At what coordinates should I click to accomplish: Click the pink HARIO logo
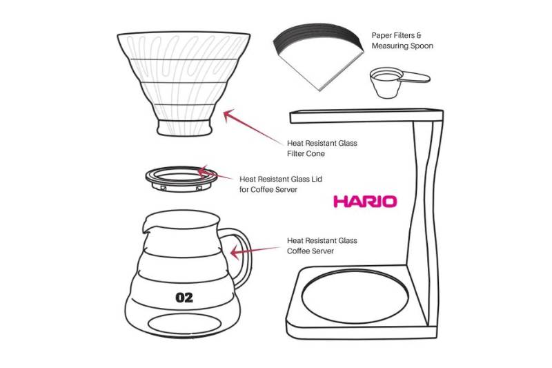(365, 202)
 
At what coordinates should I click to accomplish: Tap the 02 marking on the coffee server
(184, 298)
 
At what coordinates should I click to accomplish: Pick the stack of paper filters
(317, 55)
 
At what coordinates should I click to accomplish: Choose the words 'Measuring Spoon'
(402, 46)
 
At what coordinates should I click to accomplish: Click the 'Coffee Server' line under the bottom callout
(310, 251)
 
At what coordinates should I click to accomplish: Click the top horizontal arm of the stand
(366, 113)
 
